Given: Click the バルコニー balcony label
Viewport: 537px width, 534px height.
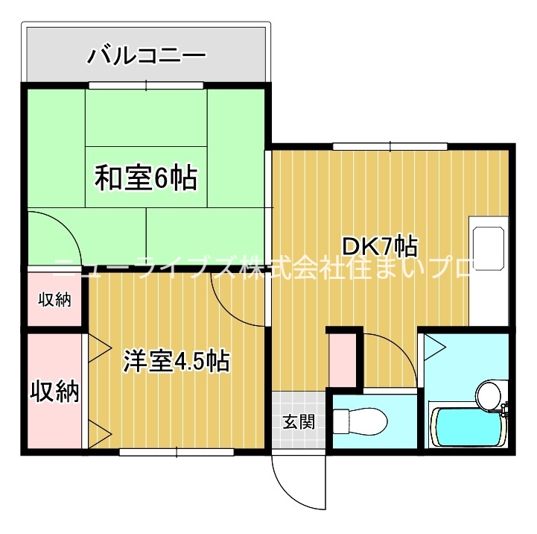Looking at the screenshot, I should (146, 54).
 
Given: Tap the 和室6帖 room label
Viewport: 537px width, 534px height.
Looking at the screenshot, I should (145, 178).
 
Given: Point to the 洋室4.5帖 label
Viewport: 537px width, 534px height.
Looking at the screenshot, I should (176, 361).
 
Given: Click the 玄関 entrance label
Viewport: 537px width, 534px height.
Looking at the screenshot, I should (298, 421).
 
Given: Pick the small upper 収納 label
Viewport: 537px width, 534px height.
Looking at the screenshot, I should (54, 301).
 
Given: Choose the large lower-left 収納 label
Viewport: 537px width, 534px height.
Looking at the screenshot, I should (54, 391).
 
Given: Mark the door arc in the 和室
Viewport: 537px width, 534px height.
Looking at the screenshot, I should (60, 231).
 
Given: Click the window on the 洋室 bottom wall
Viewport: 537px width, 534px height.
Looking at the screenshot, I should (177, 451).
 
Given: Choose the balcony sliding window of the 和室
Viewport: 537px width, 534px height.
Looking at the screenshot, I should (145, 85).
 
